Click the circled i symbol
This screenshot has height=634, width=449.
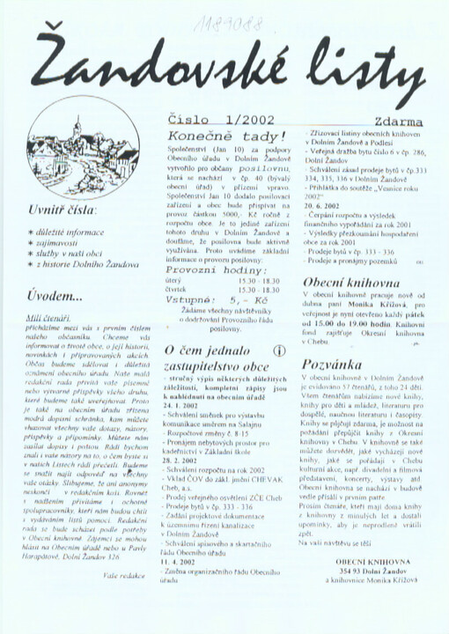(280, 350)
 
